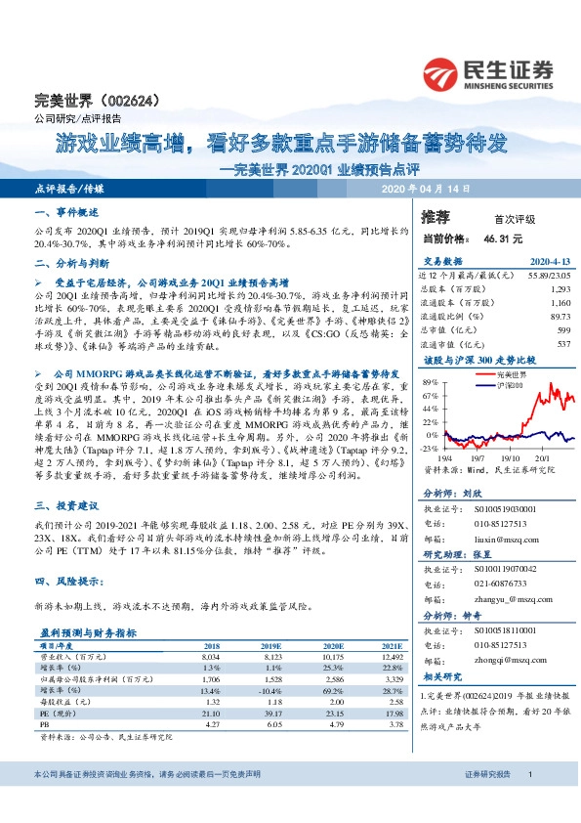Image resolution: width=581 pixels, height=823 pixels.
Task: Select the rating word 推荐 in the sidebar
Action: tap(436, 217)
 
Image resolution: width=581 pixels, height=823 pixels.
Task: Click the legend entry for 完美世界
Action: tap(512, 374)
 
